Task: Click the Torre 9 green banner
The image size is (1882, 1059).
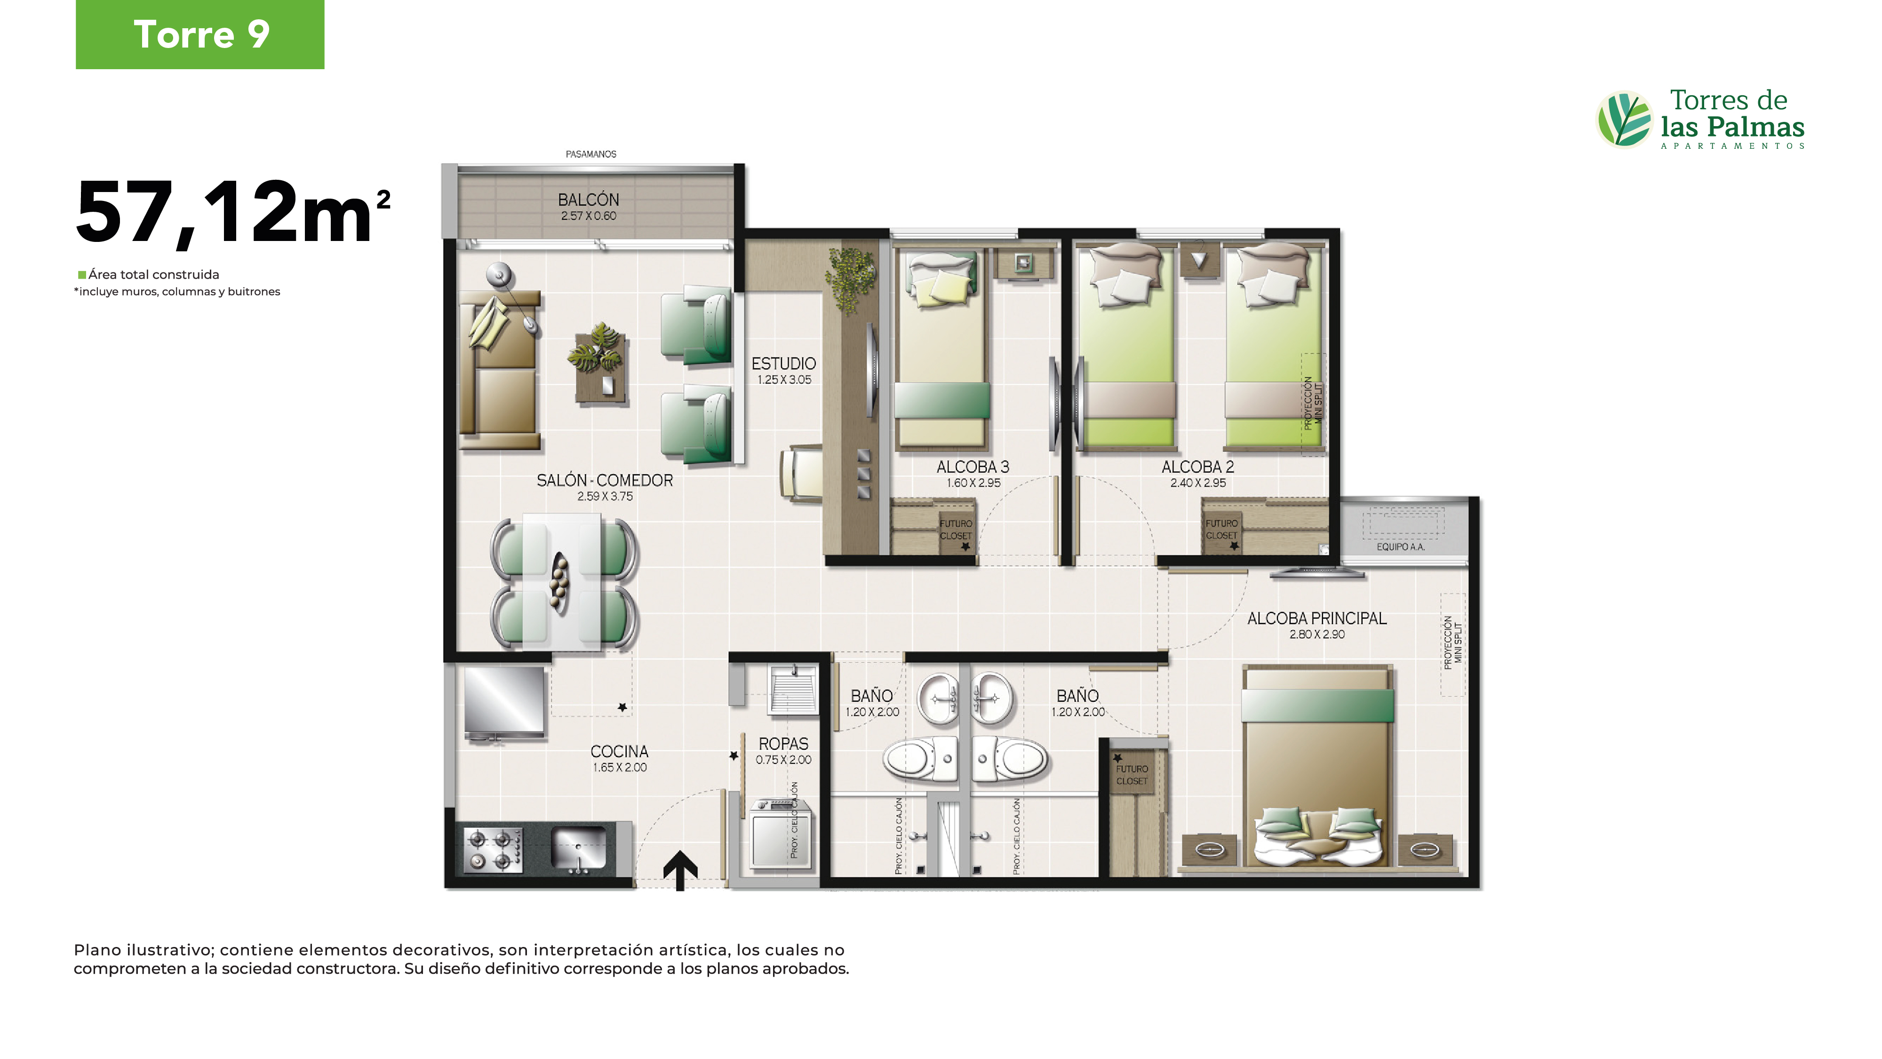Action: click(200, 34)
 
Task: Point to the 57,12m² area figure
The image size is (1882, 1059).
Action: click(233, 212)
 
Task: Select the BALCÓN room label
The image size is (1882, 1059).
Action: click(588, 200)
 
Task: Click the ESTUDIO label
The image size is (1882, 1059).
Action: click(784, 363)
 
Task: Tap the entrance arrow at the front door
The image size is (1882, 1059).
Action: click(680, 870)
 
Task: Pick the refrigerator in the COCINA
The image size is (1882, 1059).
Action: click(504, 703)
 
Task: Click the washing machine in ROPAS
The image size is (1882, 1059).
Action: click(780, 834)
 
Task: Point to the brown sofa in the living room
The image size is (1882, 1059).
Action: click(500, 370)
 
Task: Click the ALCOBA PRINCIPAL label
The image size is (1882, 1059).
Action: click(1316, 618)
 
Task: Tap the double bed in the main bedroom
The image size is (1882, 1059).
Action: click(1317, 767)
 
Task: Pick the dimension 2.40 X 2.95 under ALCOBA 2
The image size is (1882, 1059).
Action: click(1198, 483)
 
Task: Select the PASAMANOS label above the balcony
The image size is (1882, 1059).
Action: click(591, 154)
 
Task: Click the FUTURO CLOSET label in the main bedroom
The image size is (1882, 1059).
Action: click(1132, 775)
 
